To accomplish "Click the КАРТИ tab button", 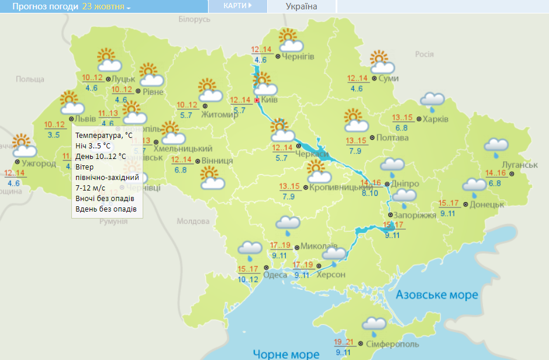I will point(237,6).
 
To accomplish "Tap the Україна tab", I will point(301,6).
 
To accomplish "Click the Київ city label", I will point(269,100).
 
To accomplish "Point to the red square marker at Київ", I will point(256,100).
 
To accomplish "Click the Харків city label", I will point(435,119).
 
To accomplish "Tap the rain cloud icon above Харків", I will point(433,102).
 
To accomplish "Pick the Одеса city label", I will point(275,275).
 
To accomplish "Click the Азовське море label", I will point(437,295).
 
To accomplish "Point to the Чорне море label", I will point(286,354).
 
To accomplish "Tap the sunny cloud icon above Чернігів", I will point(290,41).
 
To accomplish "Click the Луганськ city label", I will point(519,165).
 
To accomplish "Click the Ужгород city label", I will point(39,163).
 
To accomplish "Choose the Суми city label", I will point(388,78).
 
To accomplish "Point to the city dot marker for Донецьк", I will point(465,205).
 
